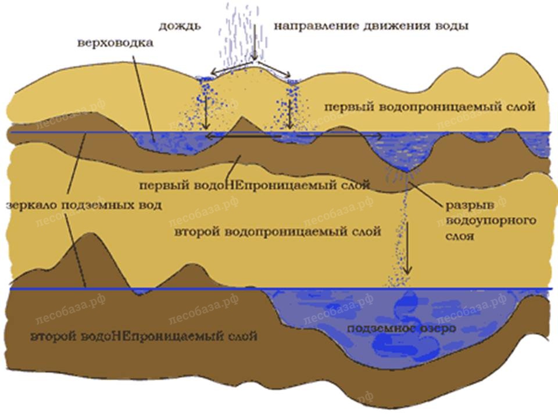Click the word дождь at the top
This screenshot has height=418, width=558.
coord(180,27)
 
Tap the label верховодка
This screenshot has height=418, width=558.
coord(115,43)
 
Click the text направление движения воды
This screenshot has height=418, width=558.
coord(371,26)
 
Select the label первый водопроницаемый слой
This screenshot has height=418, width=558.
coord(430,107)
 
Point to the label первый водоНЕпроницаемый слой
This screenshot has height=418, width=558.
coord(255,185)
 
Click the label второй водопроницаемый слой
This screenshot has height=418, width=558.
coord(278,232)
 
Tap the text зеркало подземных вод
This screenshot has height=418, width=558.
coord(84,205)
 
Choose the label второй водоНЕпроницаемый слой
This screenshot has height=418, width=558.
coord(144,336)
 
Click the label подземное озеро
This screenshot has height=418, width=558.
coord(402,328)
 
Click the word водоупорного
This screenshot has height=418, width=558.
coord(491,221)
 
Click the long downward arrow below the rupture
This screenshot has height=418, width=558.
coord(408,249)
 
